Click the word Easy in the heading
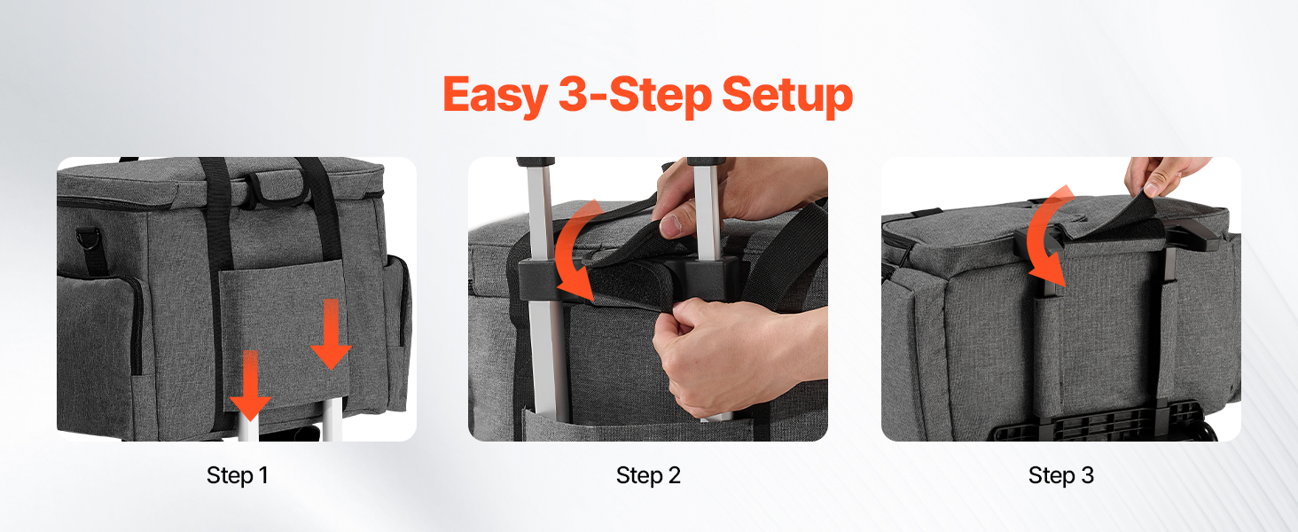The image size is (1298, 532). point(496,96)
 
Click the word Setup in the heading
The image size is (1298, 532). point(787,96)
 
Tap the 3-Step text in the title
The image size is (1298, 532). point(635,96)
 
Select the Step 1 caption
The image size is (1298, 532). point(238,475)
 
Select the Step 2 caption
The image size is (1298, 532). point(648,475)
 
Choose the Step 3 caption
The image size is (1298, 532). point(1061,475)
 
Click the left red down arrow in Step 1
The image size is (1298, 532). point(250,385)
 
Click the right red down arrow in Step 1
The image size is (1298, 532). point(331,333)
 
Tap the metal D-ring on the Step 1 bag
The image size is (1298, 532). point(89,239)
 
